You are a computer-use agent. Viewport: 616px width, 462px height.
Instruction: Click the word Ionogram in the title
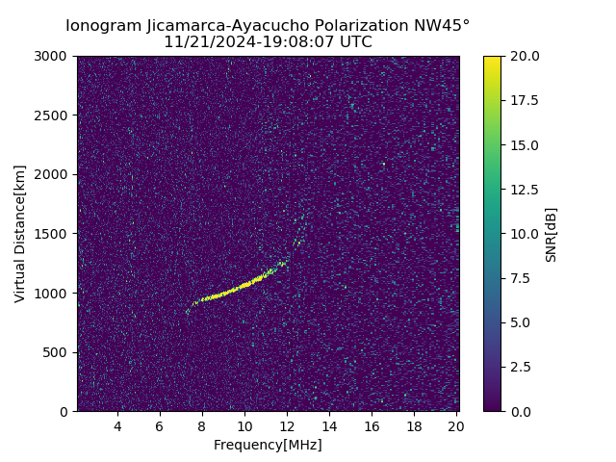[104, 26]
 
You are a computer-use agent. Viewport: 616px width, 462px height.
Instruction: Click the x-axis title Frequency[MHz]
[268, 445]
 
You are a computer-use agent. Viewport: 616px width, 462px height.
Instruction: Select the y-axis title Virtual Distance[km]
[20, 234]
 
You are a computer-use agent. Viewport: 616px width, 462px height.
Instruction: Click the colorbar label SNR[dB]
[552, 234]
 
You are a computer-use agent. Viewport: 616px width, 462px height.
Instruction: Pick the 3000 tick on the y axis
[55, 57]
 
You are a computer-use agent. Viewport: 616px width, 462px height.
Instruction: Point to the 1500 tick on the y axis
[55, 234]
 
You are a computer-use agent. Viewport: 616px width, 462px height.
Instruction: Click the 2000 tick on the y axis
[55, 174]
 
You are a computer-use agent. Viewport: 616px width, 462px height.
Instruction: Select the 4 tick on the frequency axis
[117, 426]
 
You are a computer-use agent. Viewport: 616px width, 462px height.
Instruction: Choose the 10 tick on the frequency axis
[244, 426]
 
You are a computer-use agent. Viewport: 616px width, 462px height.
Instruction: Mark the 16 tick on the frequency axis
[372, 426]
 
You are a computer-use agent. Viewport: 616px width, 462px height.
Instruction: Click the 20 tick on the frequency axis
[456, 426]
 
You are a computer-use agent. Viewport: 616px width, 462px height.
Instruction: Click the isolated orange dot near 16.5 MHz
[383, 164]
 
